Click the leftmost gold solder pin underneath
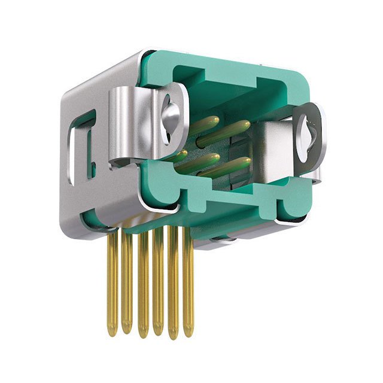click(x=113, y=281)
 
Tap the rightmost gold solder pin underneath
click(x=188, y=281)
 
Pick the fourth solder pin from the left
click(x=157, y=284)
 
